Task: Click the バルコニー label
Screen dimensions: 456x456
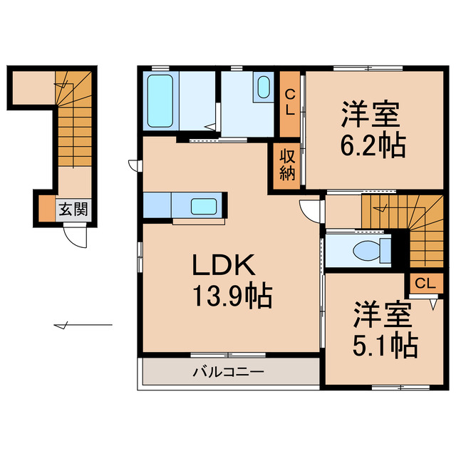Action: coord(228,372)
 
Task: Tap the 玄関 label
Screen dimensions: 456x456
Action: coord(73,209)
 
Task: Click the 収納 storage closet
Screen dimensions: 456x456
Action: coord(286,166)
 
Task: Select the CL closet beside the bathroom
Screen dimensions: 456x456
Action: coord(290,104)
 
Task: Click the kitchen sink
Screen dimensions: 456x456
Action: coord(207,207)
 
